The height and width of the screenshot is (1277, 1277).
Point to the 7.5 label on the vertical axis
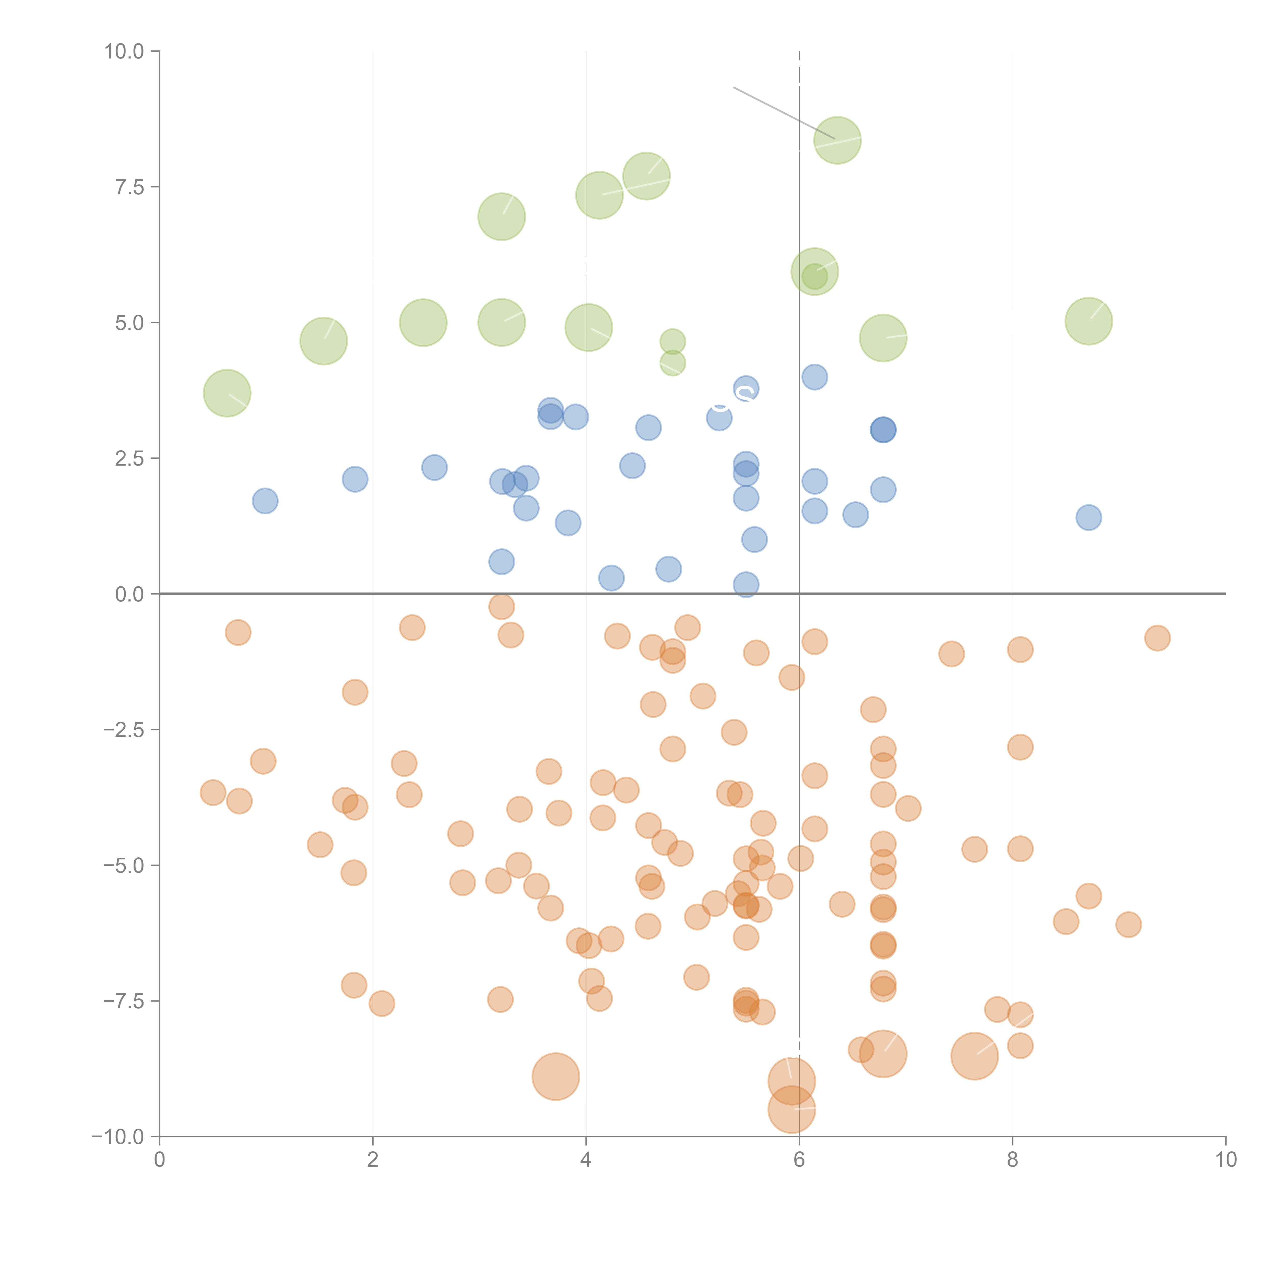pyautogui.click(x=129, y=188)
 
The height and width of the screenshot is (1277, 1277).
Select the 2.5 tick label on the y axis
pyautogui.click(x=129, y=459)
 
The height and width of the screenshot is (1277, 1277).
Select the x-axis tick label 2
pyautogui.click(x=373, y=1160)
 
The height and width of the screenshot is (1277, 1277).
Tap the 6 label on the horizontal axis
pyautogui.click(x=799, y=1160)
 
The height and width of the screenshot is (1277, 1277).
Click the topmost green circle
pyautogui.click(x=837, y=140)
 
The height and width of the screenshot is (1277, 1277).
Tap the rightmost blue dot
pyautogui.click(x=1089, y=517)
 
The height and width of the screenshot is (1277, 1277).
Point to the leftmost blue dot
pyautogui.click(x=265, y=501)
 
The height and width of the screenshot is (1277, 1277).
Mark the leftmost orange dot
pyautogui.click(x=213, y=793)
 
